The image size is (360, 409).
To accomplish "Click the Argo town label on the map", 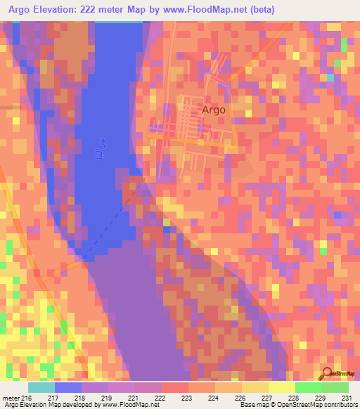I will coord(214,110).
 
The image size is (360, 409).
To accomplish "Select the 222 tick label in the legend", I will coord(160,397).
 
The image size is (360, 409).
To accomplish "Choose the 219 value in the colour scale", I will coord(105,397).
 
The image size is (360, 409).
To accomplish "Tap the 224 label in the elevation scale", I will coord(213,397).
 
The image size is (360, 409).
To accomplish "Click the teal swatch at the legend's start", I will coord(41,387).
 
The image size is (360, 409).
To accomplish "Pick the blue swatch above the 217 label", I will coord(68,387).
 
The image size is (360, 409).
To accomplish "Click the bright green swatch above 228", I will coord(308,387).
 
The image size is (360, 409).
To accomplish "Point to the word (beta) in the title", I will coord(259,10).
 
